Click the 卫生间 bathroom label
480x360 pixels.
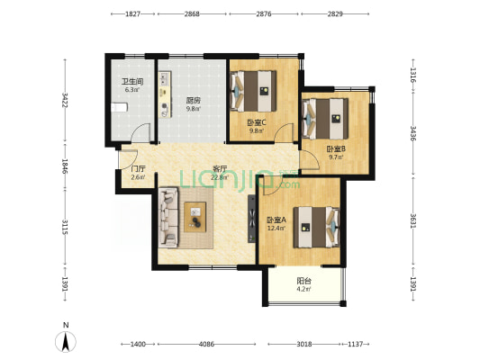(x=132, y=82)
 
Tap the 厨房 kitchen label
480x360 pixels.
(x=194, y=100)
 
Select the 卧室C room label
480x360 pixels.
(x=257, y=122)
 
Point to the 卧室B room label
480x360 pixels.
(x=336, y=149)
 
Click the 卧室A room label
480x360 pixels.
(x=276, y=220)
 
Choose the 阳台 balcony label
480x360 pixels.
(x=304, y=281)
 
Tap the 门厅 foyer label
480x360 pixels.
(x=138, y=169)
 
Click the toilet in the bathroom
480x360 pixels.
(x=119, y=108)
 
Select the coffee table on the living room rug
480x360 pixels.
(x=195, y=217)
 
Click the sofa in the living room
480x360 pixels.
(x=168, y=217)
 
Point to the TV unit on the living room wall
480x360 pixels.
(x=251, y=219)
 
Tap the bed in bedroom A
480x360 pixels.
(x=316, y=228)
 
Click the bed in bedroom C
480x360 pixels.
(x=253, y=91)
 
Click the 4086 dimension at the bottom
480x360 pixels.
(x=206, y=345)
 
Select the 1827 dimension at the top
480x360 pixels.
(x=133, y=14)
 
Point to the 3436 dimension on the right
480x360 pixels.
(x=413, y=133)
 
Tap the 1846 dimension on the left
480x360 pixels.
(x=65, y=166)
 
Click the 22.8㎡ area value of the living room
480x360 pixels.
(x=220, y=177)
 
